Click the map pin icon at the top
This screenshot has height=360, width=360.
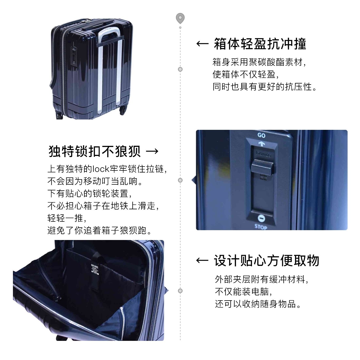(180, 18)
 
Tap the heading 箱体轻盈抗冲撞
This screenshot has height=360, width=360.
(260, 44)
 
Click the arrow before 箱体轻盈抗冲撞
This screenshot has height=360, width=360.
(202, 44)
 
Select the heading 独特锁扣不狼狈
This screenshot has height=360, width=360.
(95, 151)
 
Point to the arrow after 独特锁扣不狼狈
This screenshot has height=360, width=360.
(152, 151)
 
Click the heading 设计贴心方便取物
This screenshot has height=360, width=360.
(266, 260)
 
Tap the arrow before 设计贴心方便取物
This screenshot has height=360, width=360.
(202, 260)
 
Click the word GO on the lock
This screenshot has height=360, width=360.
(261, 135)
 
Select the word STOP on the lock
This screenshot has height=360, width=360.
(261, 227)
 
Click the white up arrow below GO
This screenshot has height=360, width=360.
(261, 144)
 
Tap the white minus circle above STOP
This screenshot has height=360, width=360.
(261, 219)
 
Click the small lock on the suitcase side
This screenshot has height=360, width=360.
(74, 56)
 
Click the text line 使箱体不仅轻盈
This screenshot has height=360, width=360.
(246, 74)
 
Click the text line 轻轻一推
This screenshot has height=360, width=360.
(67, 218)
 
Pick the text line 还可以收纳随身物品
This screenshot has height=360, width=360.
(258, 304)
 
